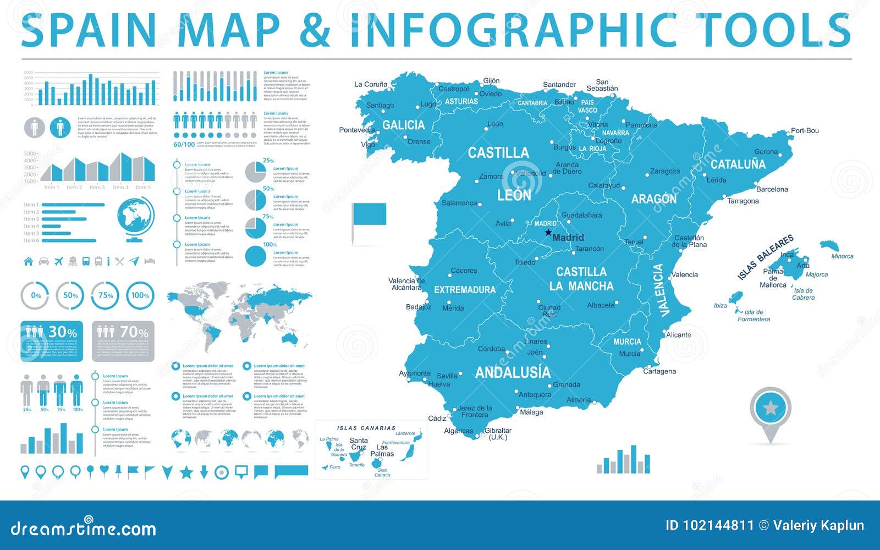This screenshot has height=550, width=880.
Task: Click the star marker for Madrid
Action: pos(548,233)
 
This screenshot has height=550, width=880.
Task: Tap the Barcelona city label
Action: pos(772,189)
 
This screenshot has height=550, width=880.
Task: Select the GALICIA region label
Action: pos(404,125)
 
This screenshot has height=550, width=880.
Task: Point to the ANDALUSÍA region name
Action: pos(513,372)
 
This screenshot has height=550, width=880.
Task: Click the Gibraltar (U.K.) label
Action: pos(498,434)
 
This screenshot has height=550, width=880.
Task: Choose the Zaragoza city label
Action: pos(665,171)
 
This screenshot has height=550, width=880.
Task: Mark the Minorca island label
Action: pos(842,256)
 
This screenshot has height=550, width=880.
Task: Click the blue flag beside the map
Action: pos(369,214)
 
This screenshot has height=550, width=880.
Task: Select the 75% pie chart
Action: pos(255,228)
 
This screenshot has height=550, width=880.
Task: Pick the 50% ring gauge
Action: pos(70,295)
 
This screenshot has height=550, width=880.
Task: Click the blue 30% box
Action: pos(52,341)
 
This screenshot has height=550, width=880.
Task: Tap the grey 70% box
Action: pos(123,341)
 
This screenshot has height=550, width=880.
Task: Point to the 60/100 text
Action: pos(184,145)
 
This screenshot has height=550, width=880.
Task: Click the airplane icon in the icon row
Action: pos(59,261)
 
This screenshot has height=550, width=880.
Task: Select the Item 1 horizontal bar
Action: pos(73,205)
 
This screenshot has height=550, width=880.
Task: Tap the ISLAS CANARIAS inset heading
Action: pos(366,428)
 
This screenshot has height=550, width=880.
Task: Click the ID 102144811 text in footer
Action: pos(710,525)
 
